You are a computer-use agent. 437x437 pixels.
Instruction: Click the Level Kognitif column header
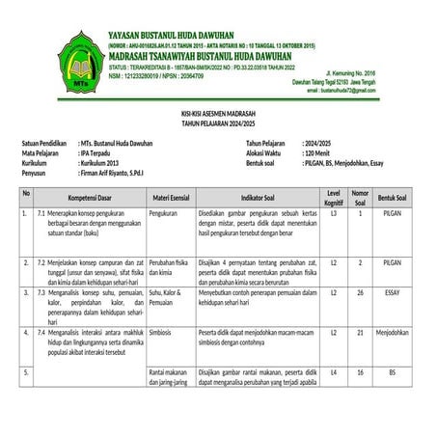pos(334,198)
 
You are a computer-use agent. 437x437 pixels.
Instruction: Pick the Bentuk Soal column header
pos(393,198)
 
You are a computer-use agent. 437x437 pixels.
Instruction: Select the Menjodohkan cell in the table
pos(393,332)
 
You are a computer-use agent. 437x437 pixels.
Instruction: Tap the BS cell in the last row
pos(393,371)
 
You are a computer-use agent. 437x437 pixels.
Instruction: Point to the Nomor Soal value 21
pos(360,332)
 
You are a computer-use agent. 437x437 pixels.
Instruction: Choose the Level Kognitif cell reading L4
pos(334,371)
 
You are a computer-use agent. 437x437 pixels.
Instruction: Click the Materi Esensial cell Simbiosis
pos(161,332)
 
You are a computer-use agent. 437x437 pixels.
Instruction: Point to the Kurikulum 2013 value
pos(105,163)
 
